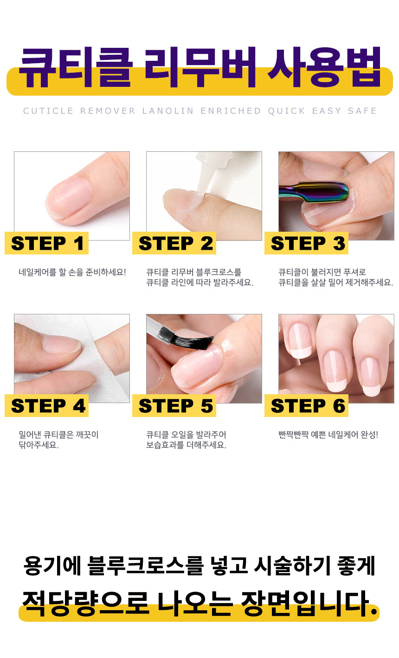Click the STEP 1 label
point(46,243)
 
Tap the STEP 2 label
point(174,243)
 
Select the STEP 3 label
point(306,243)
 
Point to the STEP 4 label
point(46,405)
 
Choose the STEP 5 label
point(174,405)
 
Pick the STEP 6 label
point(306,405)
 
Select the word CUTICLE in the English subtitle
point(48,111)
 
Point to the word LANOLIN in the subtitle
point(167,111)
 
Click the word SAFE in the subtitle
point(362,111)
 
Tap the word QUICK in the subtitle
point(286,111)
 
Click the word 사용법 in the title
point(324,67)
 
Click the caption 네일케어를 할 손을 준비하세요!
point(72,272)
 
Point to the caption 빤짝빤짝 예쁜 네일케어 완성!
point(328,435)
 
